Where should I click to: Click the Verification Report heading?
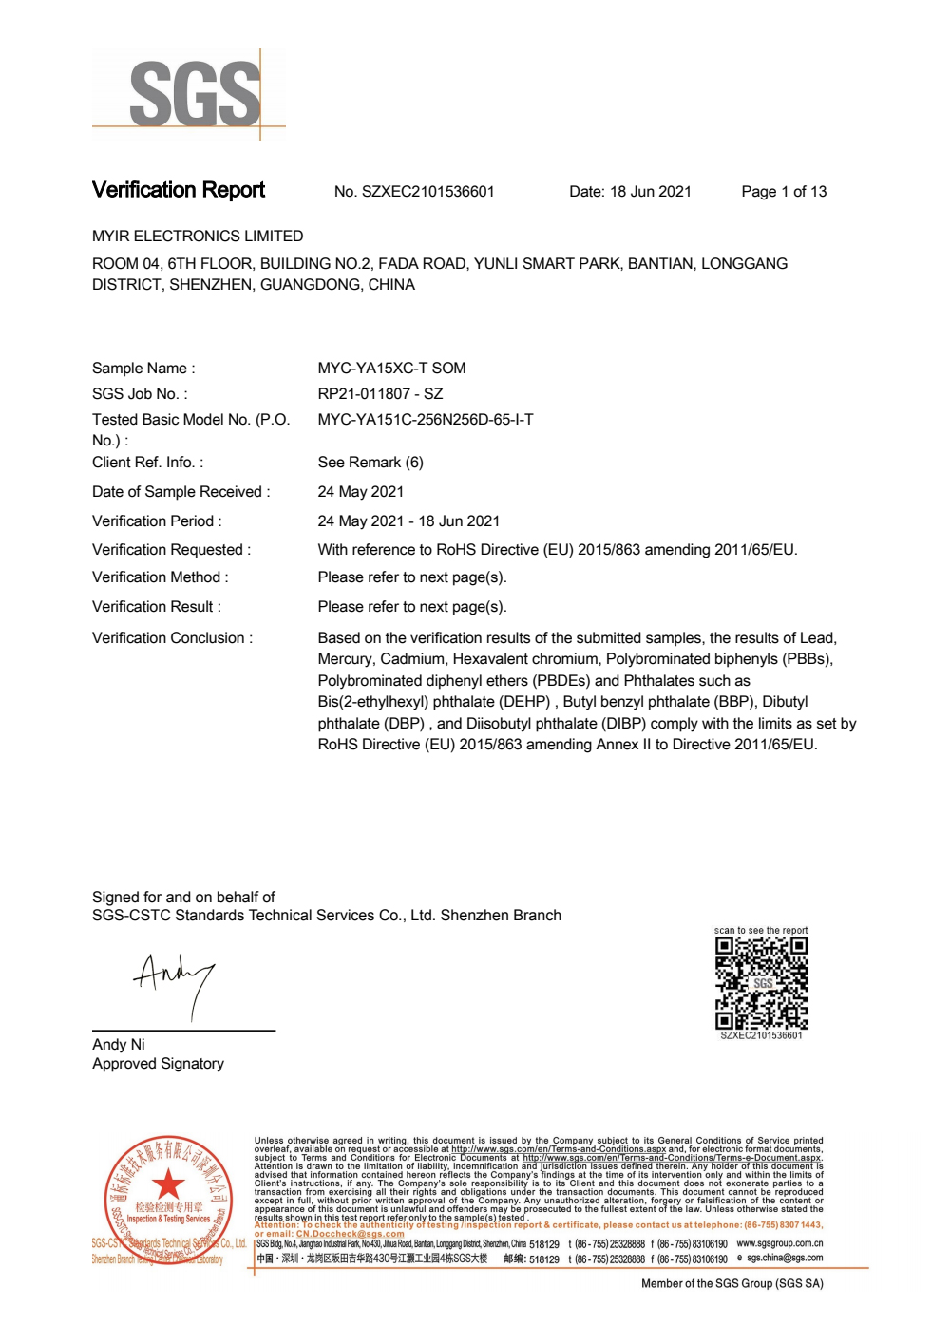point(179,190)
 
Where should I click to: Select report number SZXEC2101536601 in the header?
point(414,192)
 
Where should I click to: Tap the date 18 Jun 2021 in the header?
point(630,192)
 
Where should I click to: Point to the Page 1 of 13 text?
point(784,192)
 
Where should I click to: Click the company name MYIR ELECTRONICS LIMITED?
point(198,237)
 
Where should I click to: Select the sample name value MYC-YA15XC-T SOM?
point(391,369)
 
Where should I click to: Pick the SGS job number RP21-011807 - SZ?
point(380,394)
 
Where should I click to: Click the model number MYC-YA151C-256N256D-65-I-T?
point(426,420)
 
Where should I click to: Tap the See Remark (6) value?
point(370,463)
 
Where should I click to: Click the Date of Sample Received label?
point(180,492)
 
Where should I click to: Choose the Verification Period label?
point(157,521)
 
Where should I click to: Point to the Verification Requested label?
point(171,550)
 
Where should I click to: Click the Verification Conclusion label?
point(172,638)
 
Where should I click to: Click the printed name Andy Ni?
point(119,1045)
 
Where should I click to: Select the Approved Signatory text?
point(158,1064)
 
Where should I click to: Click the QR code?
point(761,983)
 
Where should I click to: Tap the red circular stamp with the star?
point(168,1199)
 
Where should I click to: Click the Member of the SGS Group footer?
point(731,1284)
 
